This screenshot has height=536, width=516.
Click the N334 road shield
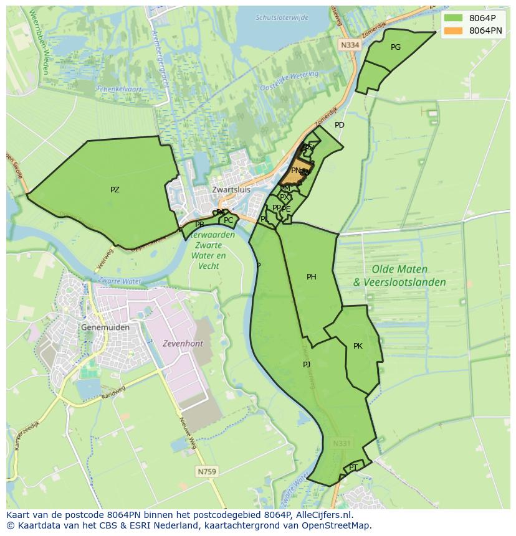click(350, 45)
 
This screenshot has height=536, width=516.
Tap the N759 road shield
click(207, 472)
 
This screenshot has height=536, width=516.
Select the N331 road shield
click(342, 443)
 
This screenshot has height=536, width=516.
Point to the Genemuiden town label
click(105, 327)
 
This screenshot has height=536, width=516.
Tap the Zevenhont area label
click(183, 343)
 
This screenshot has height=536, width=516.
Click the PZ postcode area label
click(115, 190)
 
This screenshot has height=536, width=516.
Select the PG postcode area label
click(395, 47)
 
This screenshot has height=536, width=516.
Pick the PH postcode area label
click(312, 277)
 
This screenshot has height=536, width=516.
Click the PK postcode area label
click(358, 346)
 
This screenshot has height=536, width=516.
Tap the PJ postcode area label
click(307, 364)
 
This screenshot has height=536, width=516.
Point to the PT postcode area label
click(353, 467)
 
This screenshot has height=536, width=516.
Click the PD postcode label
click(339, 125)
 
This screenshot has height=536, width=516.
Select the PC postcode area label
click(228, 220)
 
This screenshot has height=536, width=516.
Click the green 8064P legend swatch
click(452, 18)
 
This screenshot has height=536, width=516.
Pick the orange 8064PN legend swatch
click(452, 30)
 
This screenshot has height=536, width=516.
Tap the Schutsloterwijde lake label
click(282, 17)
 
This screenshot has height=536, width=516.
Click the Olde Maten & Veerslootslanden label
click(399, 276)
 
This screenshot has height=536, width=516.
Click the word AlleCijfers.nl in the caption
click(322, 515)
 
